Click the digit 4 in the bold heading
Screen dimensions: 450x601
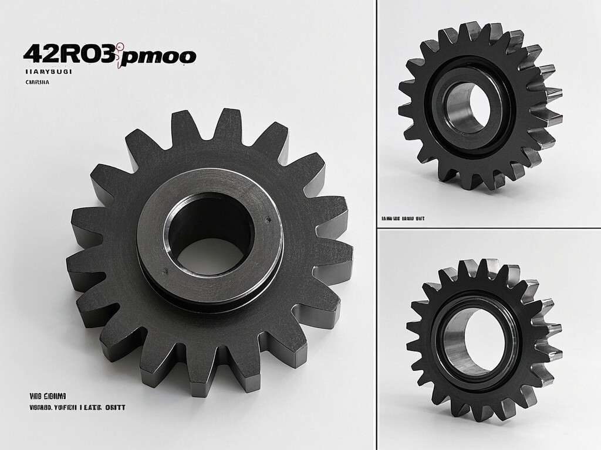click(x=31, y=54)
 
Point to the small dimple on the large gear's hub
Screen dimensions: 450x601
click(x=268, y=220)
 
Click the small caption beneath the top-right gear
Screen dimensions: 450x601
click(x=403, y=219)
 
